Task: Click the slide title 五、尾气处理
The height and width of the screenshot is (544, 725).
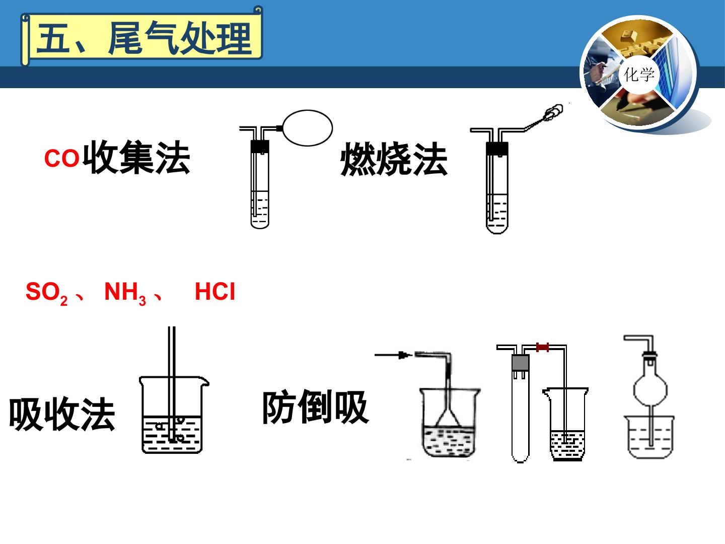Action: [x=144, y=38]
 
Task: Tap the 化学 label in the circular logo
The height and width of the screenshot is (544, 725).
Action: [x=638, y=75]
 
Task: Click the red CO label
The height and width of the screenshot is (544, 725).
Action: [x=61, y=158]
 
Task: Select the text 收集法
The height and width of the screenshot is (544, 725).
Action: [x=136, y=157]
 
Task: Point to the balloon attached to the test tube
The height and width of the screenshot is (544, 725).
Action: [x=308, y=128]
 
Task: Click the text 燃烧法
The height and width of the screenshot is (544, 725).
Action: [x=394, y=159]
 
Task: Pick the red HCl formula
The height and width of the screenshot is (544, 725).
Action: [x=214, y=291]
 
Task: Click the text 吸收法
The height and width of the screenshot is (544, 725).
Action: [x=62, y=414]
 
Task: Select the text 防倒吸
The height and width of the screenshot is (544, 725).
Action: [x=316, y=407]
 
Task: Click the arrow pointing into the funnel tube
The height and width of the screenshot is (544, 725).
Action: [x=393, y=356]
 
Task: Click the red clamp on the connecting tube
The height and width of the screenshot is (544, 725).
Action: [x=542, y=347]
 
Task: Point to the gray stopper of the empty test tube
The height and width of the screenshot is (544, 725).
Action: [x=521, y=363]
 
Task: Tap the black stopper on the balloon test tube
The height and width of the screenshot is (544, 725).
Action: [x=260, y=146]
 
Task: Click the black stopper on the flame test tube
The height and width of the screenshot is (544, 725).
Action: [x=497, y=148]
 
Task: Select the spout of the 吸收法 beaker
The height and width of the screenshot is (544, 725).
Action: [x=205, y=382]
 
